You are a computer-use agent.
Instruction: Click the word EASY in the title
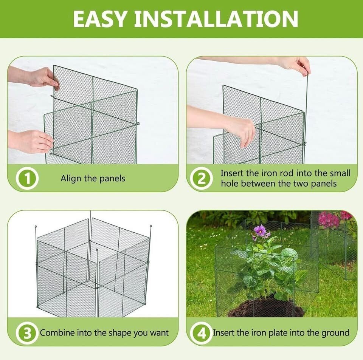(x=100, y=19)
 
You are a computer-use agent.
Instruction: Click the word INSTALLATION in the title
(x=216, y=19)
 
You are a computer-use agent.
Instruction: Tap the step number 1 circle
(x=27, y=179)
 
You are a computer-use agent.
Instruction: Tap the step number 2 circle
(x=201, y=179)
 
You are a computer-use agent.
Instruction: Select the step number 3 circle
(x=27, y=333)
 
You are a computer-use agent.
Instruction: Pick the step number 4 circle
(x=201, y=333)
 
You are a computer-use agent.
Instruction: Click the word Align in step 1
(x=71, y=179)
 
